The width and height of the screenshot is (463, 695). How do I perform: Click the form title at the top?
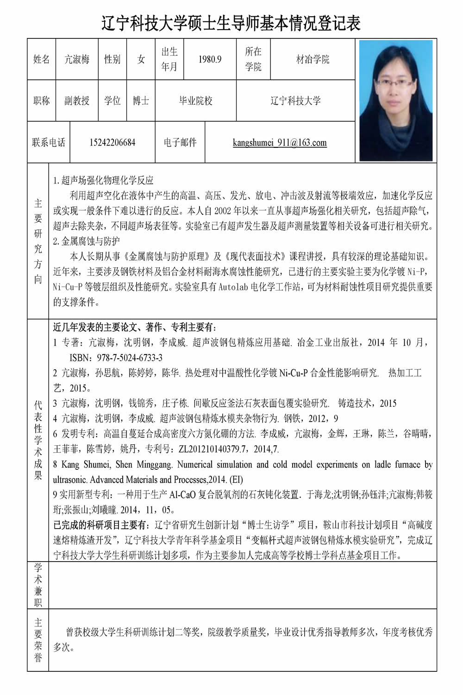[x=231, y=23]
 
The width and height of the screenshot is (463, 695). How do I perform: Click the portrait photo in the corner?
[x=396, y=100]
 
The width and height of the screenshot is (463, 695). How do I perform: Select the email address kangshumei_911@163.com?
[x=280, y=143]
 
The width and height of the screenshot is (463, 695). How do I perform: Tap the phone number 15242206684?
[x=113, y=143]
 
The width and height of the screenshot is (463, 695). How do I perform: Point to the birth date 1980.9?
[x=210, y=59]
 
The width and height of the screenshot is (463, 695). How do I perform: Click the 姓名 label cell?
[x=41, y=59]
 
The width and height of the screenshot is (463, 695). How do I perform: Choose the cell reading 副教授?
[x=77, y=101]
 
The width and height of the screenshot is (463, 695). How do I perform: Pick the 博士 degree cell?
[x=141, y=101]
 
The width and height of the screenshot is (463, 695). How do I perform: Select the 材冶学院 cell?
[x=313, y=59]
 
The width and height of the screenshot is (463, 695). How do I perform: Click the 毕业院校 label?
[x=195, y=101]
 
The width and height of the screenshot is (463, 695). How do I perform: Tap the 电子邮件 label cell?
[x=180, y=143]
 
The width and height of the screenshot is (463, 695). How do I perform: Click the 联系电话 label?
[x=49, y=143]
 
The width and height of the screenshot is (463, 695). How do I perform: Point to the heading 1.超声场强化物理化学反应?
[x=103, y=180]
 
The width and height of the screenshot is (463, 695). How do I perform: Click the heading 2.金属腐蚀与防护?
[x=87, y=241]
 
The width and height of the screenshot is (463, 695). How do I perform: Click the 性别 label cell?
[x=112, y=59]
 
